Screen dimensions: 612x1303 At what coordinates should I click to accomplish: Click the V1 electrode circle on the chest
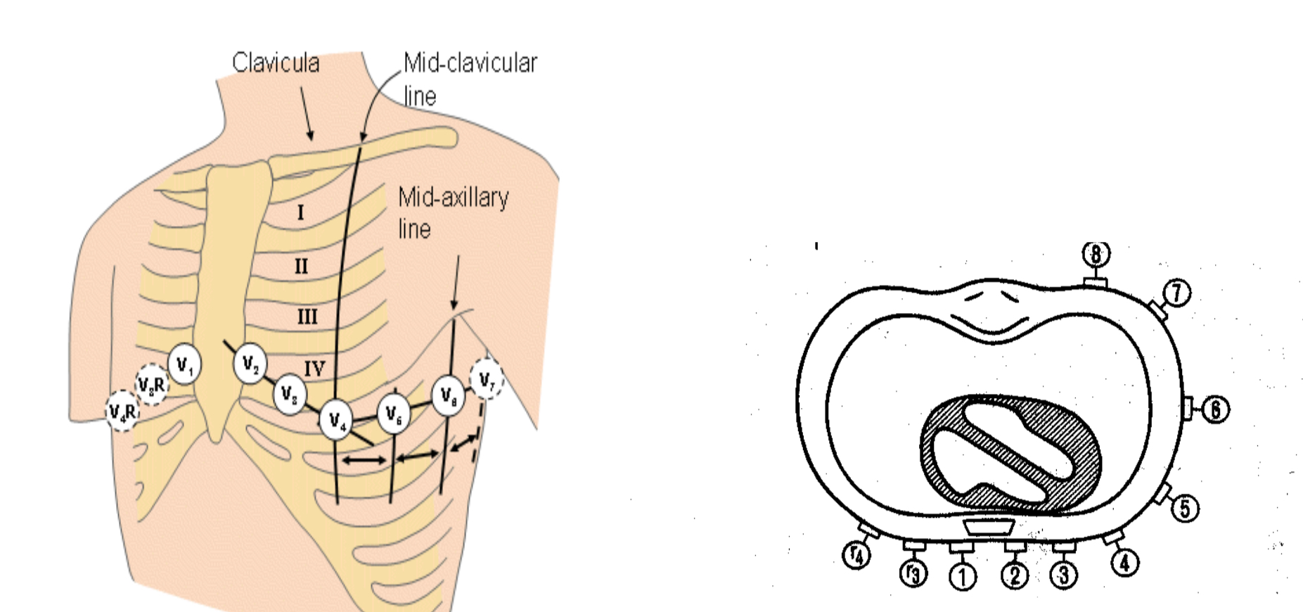point(184,364)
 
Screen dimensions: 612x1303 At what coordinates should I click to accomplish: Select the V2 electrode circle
point(250,364)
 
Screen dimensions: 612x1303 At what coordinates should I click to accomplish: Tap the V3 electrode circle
point(289,394)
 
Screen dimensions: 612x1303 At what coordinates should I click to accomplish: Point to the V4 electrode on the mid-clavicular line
point(336,421)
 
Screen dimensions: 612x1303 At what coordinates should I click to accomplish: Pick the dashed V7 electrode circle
point(487,380)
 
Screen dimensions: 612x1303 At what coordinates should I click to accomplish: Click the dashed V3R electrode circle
point(151,385)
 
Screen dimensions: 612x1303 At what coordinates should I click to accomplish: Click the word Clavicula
point(276,63)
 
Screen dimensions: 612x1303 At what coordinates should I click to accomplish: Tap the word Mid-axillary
point(454,198)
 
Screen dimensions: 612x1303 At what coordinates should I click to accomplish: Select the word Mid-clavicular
point(470,63)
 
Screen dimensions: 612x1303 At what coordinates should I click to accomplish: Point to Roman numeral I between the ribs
point(300,212)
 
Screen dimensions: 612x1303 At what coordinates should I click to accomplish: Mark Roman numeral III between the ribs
point(307,317)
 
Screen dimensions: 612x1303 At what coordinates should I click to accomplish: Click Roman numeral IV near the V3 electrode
point(314,368)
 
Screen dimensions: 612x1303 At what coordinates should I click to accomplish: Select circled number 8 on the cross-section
point(1096,254)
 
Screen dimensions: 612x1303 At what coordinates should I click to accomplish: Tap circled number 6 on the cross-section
point(1215,409)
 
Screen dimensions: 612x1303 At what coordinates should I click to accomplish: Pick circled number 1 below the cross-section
point(963,577)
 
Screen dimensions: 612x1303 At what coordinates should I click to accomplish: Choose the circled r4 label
point(856,555)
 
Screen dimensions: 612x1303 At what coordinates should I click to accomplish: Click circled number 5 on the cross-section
point(1185,508)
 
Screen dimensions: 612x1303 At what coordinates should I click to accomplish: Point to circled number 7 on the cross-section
point(1177,293)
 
